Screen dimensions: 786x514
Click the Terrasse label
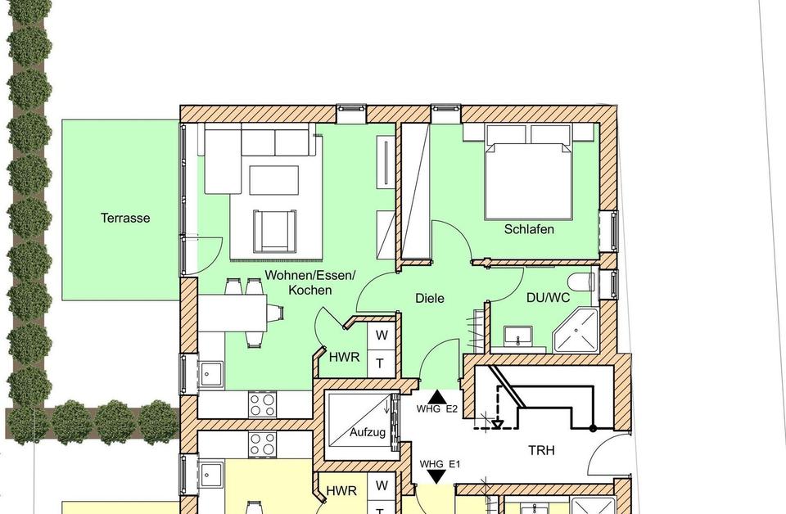(125, 218)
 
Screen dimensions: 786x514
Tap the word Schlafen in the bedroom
(529, 229)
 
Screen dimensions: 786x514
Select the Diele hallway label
(430, 298)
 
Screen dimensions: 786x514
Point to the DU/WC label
(548, 298)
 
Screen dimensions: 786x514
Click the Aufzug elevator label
(368, 432)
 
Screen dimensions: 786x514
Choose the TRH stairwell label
(541, 450)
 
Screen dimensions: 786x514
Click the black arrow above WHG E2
(437, 396)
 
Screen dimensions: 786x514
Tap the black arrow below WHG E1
(437, 477)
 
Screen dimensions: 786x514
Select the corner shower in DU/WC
(576, 331)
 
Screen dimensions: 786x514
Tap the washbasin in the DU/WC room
(517, 336)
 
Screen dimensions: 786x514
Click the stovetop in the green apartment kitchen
(262, 405)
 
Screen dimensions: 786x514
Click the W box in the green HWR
(382, 335)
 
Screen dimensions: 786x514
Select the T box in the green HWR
(382, 363)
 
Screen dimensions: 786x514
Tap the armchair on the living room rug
(275, 231)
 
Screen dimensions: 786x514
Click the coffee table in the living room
(273, 180)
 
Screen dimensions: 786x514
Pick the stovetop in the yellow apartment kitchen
(262, 444)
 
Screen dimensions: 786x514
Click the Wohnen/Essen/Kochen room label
(310, 282)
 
